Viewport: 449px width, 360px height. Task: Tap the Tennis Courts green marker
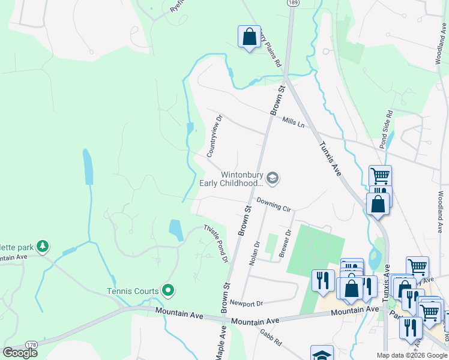169,291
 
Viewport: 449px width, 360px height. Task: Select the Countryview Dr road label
214,136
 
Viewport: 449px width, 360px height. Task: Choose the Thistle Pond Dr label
216,244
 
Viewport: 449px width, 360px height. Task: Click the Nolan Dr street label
255,252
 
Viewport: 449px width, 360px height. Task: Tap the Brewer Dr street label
285,244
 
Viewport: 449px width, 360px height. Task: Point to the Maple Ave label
220,343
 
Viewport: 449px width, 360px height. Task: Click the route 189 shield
292,3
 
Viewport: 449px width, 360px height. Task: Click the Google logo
20,353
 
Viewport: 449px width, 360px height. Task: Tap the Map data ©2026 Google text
411,355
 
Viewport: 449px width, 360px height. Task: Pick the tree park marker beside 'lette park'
42,246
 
